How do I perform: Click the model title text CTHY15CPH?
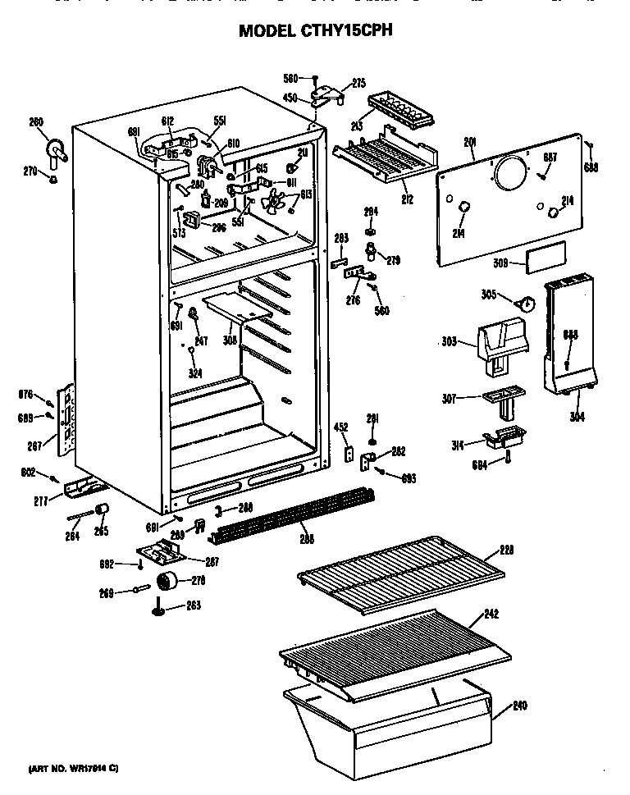point(315,31)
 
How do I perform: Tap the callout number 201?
point(470,144)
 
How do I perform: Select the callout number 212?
point(407,199)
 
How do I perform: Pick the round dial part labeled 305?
point(525,304)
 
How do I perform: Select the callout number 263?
point(194,605)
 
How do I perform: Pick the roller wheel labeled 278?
point(168,583)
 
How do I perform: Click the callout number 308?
point(230,338)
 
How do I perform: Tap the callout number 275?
point(358,82)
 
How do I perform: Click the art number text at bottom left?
point(74,768)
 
